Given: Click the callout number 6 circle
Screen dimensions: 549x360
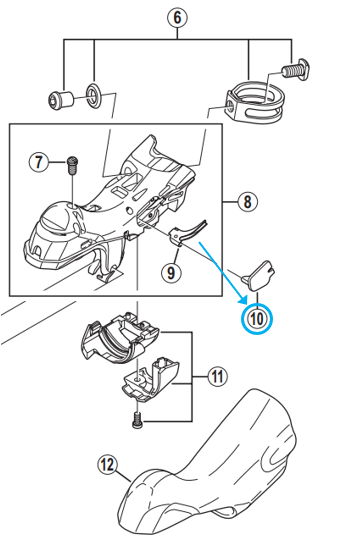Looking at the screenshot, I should pos(177,16).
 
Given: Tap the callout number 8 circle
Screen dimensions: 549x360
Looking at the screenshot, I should pos(247,205).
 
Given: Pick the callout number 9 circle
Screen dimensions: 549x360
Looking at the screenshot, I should pos(171,271).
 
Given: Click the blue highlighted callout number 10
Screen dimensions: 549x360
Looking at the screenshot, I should pos(256,318).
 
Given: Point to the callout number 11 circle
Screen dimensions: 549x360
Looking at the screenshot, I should pos(216,377).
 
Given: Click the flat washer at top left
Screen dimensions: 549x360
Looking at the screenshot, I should pos(91,96).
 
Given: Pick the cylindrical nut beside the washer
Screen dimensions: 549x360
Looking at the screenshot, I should pos(59,100).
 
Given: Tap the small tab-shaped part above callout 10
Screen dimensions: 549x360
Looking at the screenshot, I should pos(261,271).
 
